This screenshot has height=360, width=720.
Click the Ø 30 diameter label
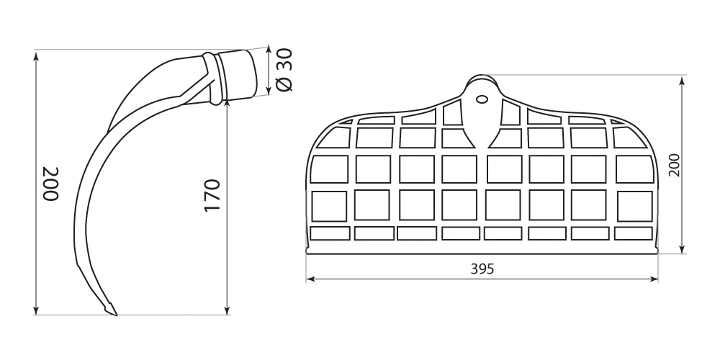click(284, 69)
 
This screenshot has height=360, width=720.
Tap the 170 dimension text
click(212, 196)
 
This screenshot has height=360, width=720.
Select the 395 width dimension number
click(482, 269)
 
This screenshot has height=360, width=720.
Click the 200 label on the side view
click(50, 184)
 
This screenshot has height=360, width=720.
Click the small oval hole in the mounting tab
click(482, 99)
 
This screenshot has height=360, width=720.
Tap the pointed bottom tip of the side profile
click(115, 315)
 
